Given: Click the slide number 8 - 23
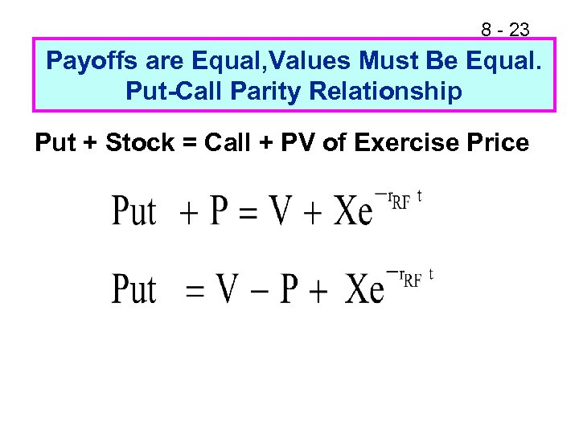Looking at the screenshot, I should tap(505, 30).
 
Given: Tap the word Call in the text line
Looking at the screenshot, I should tap(232, 144).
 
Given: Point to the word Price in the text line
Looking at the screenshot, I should tap(498, 144).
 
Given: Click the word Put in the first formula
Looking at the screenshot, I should tap(133, 211).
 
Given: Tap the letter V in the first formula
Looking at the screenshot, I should tap(281, 211).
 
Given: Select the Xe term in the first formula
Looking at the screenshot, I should tap(353, 211).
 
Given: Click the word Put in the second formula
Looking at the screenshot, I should tap(133, 289).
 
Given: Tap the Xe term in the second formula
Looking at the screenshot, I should tap(364, 289).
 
